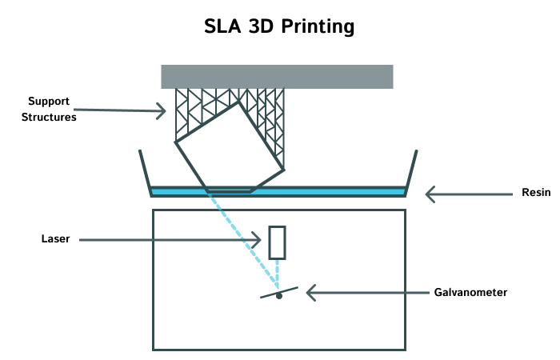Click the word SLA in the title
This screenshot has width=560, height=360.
pos(225,26)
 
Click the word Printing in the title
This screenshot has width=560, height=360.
pos(316,27)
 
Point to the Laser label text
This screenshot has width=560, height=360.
pos(55,238)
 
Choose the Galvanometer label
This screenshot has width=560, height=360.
pos(470,293)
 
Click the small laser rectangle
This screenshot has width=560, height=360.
pos(277,242)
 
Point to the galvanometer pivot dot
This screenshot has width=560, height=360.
pos(278,296)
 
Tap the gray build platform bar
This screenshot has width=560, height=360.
pos(277,76)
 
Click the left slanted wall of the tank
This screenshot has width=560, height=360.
pos(145,170)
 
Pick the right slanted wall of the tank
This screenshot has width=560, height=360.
pos(412,170)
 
